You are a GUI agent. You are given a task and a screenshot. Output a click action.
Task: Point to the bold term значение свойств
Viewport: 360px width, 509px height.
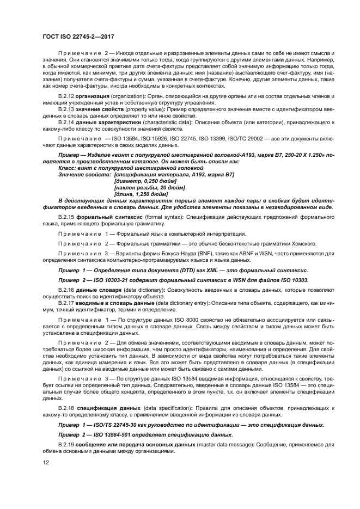point(97,109)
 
